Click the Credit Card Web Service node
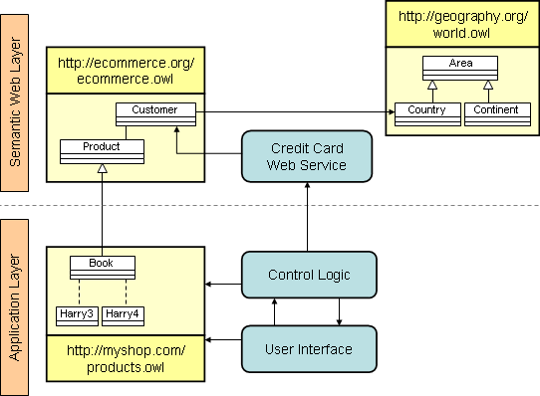pyautogui.click(x=309, y=157)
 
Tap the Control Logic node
pyautogui.click(x=309, y=275)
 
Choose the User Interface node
pyautogui.click(x=309, y=348)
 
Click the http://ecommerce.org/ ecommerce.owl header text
pyautogui.click(x=126, y=72)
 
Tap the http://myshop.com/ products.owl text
pyautogui.click(x=126, y=360)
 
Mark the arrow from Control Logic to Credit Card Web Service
pyautogui.click(x=309, y=217)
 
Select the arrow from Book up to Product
pyautogui.click(x=102, y=209)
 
